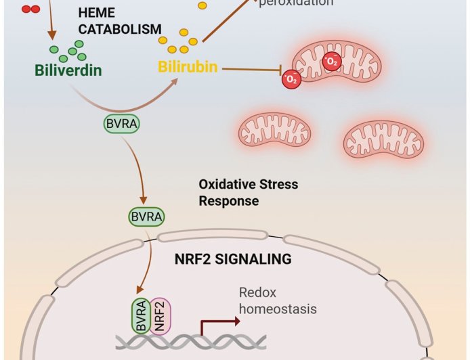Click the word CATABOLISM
119,29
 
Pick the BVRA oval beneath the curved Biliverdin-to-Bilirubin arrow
121,124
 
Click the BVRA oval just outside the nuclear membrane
146,217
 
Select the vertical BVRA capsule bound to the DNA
140,314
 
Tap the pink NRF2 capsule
161,314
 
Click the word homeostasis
278,309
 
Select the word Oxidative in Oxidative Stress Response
224,185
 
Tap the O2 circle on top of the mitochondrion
332,62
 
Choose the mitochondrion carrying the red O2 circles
345,71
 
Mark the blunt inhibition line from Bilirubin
251,68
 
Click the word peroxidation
296,3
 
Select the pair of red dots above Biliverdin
30,9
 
